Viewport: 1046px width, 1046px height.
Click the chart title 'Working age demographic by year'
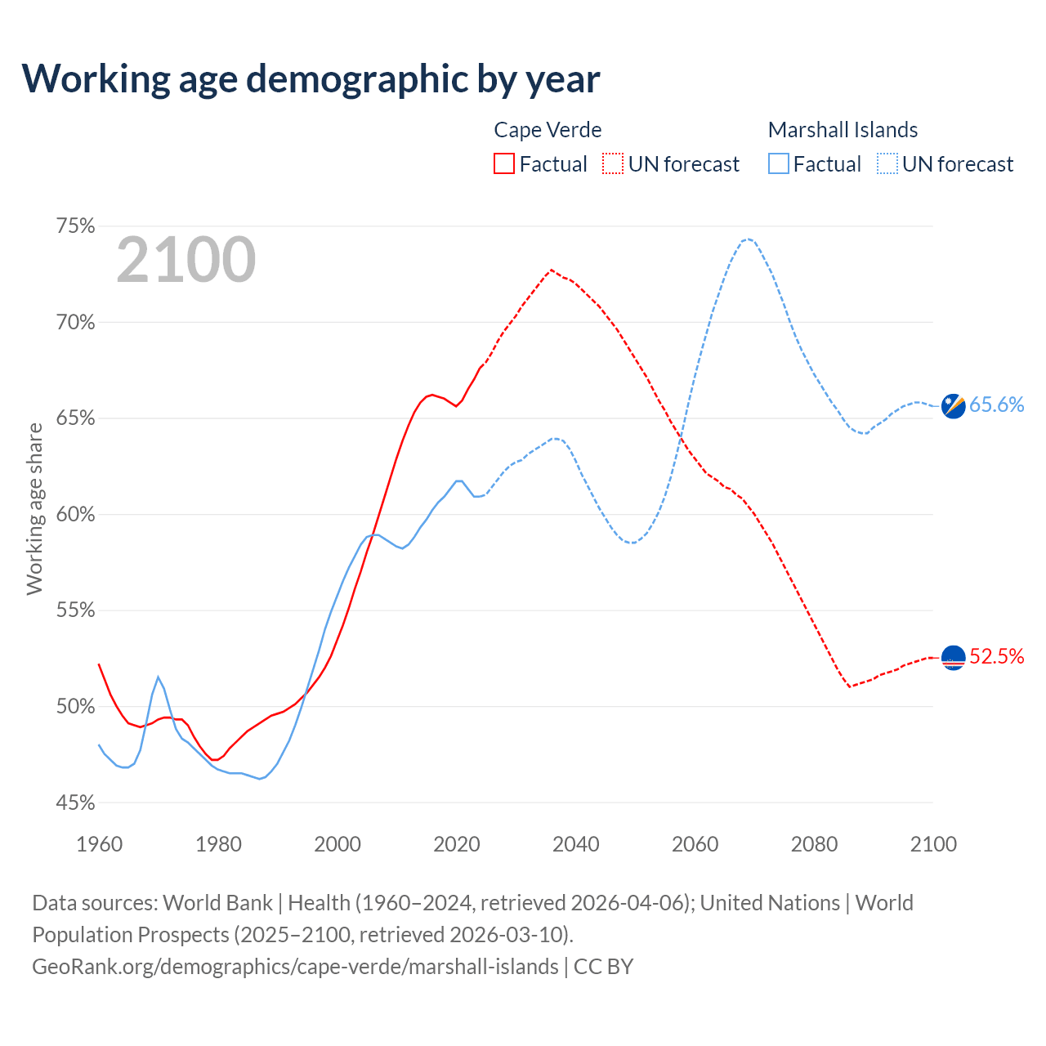click(311, 79)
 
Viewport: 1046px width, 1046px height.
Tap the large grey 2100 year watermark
click(186, 260)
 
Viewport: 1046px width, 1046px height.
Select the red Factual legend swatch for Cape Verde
click(504, 164)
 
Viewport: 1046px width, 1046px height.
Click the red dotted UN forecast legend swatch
click(613, 164)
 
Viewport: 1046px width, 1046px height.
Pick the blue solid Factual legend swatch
click(779, 164)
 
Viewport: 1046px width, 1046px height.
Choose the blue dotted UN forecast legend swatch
click(887, 164)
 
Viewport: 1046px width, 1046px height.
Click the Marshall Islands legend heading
click(843, 130)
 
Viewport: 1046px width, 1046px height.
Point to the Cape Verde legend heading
click(548, 130)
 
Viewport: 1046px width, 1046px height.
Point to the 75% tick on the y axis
click(76, 226)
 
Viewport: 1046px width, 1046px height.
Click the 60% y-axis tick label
click(76, 515)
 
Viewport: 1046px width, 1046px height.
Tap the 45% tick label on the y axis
click(76, 802)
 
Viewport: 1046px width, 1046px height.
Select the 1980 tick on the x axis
click(218, 844)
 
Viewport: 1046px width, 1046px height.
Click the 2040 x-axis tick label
click(576, 844)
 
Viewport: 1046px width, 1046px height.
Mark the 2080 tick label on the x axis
click(814, 844)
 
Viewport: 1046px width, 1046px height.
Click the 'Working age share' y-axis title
click(34, 508)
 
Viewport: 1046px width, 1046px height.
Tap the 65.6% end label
click(997, 405)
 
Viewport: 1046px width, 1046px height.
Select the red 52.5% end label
click(997, 657)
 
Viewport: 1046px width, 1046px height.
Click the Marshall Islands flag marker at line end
click(954, 405)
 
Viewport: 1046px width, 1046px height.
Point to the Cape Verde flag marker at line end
click(954, 657)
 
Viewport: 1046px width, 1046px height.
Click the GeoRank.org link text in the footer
click(295, 967)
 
